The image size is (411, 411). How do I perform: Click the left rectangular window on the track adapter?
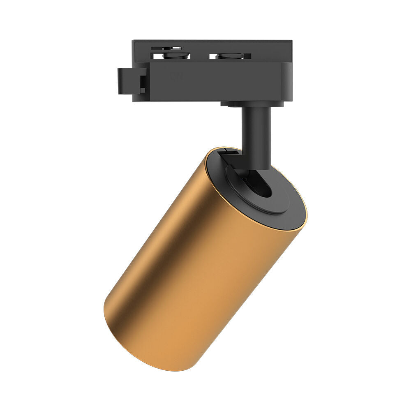click(x=172, y=55)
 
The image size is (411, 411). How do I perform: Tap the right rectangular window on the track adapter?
click(x=230, y=56)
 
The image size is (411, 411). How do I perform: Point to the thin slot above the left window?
click(x=166, y=48)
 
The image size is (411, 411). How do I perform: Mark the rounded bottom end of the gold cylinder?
click(x=132, y=337)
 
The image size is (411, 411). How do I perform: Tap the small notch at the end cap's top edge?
click(x=229, y=152)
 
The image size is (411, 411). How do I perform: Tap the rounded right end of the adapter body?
click(x=286, y=82)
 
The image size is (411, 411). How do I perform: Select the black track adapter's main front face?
click(x=214, y=82)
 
